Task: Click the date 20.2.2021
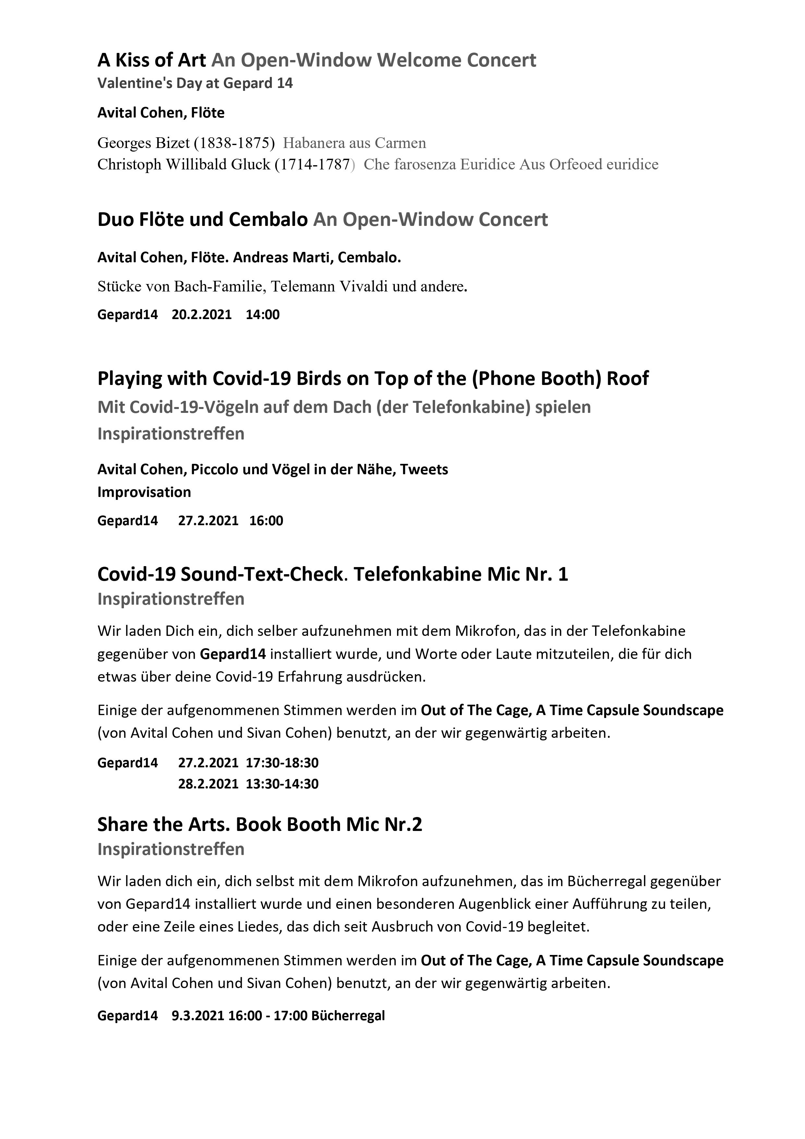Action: tap(201, 315)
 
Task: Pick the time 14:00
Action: tap(262, 315)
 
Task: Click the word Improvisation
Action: tap(144, 492)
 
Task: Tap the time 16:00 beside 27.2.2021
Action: tap(266, 521)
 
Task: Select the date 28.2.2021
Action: tap(208, 784)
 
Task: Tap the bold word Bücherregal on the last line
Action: tap(348, 1016)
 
